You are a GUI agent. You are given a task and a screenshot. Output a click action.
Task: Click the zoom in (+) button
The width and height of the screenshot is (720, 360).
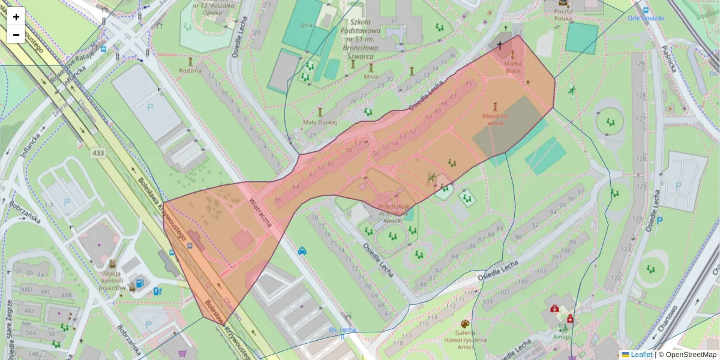tap(16, 17)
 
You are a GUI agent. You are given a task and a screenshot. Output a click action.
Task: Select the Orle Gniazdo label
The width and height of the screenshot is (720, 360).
tap(646, 18)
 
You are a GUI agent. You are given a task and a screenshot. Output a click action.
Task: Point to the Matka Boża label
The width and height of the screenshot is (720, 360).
tap(512, 67)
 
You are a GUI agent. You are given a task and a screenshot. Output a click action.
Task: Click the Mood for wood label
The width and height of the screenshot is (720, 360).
tap(496, 119)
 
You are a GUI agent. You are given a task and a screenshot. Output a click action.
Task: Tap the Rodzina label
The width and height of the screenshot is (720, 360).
tap(190, 70)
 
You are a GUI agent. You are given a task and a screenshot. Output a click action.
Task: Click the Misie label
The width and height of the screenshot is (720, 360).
tap(371, 77)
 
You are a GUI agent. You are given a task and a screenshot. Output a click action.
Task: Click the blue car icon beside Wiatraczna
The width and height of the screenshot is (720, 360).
tap(302, 251)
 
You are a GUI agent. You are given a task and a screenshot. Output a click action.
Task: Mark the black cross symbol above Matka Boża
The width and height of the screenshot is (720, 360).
tap(499, 45)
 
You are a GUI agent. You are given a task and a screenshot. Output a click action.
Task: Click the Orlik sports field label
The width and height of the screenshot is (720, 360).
tap(307, 25)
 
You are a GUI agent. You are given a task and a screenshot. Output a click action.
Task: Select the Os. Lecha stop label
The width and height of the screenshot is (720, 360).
tap(342, 330)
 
